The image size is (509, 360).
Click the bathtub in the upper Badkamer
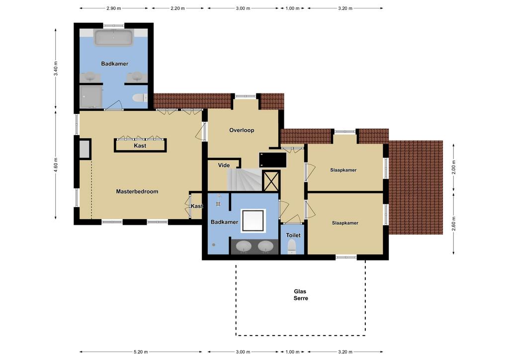(113, 38)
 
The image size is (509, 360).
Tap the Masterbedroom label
(137, 191)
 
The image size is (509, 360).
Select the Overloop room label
(242, 130)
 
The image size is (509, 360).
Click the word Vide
(224, 165)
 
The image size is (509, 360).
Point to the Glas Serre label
(301, 295)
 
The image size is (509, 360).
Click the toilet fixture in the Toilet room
(291, 247)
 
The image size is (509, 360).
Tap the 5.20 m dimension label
(141, 352)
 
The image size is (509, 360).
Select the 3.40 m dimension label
(56, 69)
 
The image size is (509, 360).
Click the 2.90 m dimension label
(114, 8)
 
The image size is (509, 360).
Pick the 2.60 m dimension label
(454, 223)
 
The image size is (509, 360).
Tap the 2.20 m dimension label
(177, 8)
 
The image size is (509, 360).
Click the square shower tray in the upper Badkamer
(91, 97)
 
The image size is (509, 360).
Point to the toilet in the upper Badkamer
(140, 97)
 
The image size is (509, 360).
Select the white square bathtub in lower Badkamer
(253, 221)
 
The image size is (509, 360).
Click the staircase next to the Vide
(245, 180)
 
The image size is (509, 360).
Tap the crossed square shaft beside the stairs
(271, 181)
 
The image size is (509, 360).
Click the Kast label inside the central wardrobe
(140, 146)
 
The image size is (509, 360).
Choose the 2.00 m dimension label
(454, 167)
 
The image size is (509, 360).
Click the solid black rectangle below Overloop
(273, 160)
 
